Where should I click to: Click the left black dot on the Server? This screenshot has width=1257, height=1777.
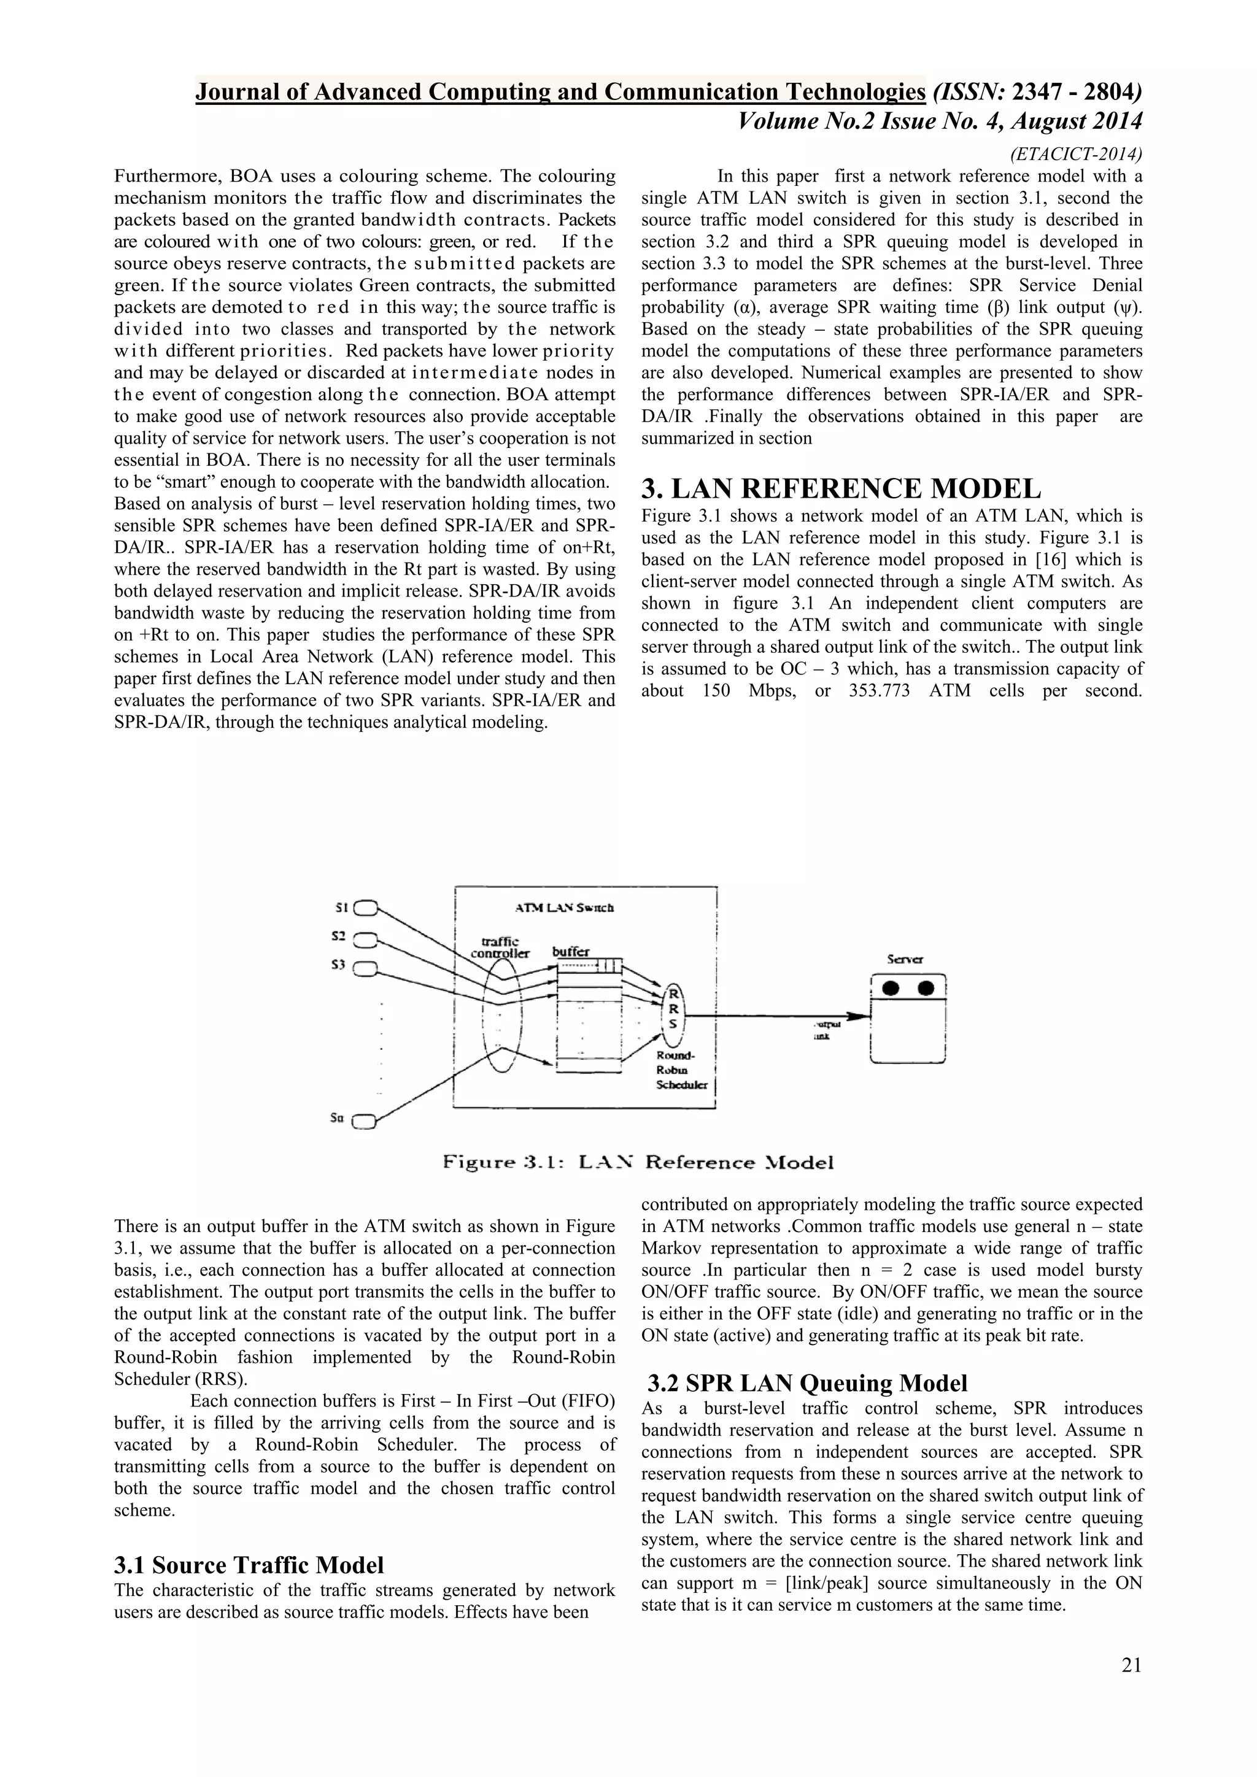tap(891, 989)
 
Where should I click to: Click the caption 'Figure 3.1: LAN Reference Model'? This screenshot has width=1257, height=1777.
tap(638, 1163)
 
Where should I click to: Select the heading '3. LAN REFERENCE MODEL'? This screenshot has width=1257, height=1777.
tap(841, 489)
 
